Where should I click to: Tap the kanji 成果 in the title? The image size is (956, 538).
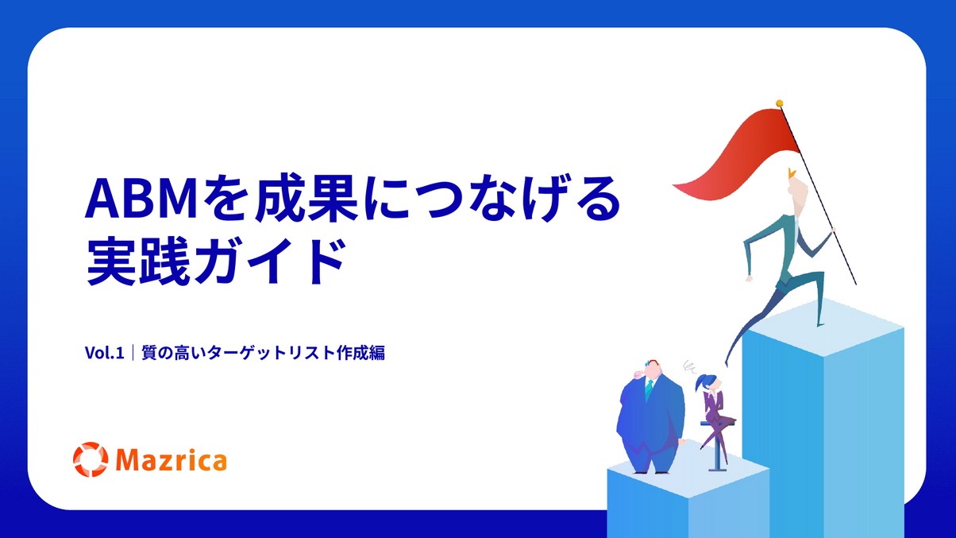306,198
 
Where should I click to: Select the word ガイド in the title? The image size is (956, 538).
270,261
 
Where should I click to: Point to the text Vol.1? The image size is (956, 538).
105,353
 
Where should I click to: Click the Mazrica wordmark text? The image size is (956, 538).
172,460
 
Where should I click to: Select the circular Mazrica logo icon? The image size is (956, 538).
91,459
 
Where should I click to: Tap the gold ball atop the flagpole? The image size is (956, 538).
779,103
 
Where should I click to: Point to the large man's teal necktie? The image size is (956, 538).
649,390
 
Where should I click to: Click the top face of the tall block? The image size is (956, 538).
823,327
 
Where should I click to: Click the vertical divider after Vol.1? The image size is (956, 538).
133,353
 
